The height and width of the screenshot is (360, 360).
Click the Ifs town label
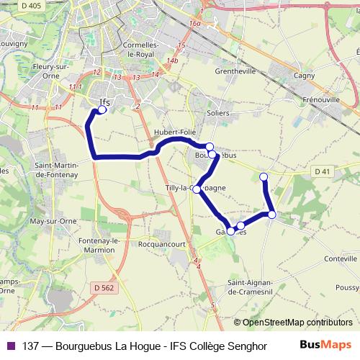[104, 102]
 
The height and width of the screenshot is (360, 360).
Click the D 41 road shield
[321, 171]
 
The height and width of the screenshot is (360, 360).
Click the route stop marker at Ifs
[102, 110]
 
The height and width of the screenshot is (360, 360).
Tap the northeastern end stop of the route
[264, 176]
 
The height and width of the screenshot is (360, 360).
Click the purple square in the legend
[10, 345]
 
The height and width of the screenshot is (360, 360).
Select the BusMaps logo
[325, 345]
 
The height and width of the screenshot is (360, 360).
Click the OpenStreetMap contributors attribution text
[297, 322]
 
